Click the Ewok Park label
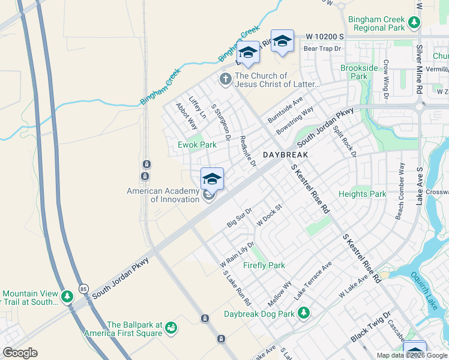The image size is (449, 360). [x=197, y=145]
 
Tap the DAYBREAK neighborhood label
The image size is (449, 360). [x=285, y=155]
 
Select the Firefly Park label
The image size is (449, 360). [x=264, y=265]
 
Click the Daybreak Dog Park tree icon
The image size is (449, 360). [x=304, y=313]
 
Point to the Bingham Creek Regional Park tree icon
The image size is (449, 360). [x=414, y=23]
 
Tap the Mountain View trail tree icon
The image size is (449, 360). [x=67, y=296]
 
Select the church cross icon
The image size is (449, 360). [x=226, y=79]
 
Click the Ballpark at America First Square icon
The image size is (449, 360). [x=172, y=328]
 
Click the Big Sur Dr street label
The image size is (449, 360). [x=239, y=218]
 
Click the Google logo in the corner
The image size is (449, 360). [x=20, y=353]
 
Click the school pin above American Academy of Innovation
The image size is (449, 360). [x=212, y=179]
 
